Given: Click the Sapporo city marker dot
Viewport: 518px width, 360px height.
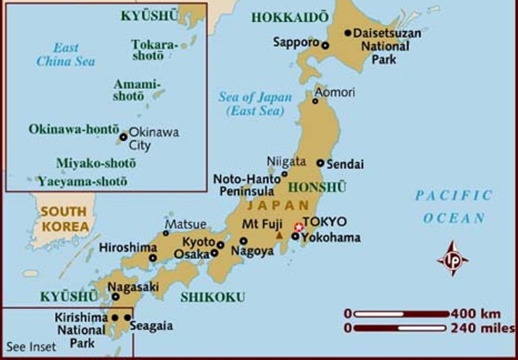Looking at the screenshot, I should (325, 45).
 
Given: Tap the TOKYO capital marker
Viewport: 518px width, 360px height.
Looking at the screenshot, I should (298, 227).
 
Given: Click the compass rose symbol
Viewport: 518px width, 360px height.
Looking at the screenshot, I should (453, 258).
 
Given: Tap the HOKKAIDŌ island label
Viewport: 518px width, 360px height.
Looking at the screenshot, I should (289, 17).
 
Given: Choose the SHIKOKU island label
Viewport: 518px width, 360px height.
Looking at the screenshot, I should (213, 297).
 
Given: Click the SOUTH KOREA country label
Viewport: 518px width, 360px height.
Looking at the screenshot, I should (64, 219).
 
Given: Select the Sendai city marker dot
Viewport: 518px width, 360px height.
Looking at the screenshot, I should (320, 163).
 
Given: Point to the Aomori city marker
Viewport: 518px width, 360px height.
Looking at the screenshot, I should (315, 100).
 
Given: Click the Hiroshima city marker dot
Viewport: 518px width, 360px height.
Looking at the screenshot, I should (153, 258).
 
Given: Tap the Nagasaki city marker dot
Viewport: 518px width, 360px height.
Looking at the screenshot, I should (116, 297).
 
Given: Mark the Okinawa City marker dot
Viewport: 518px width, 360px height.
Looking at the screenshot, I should (123, 137).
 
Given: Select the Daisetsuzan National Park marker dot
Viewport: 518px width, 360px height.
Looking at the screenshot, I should (348, 32).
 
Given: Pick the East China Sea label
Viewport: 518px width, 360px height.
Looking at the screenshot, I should (65, 54).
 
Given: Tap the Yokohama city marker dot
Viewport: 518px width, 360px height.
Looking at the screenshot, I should (295, 236).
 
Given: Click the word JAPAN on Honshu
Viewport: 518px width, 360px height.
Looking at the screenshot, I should (270, 205).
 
